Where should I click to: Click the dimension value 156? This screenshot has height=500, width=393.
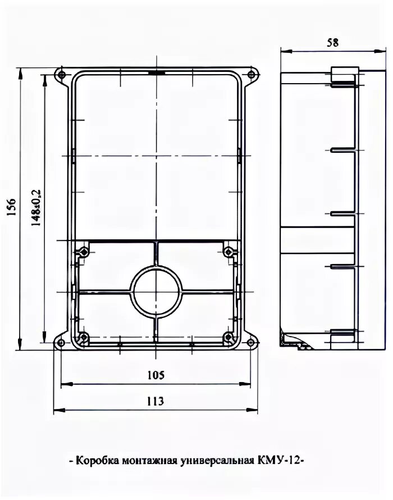[x=11, y=207]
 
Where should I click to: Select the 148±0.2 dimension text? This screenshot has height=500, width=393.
[x=36, y=208]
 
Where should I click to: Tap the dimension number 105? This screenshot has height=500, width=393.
[x=156, y=375]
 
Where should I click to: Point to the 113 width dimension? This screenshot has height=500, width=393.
[x=155, y=401]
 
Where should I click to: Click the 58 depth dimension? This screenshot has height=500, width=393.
[x=332, y=43]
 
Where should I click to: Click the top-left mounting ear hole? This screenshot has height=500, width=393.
[x=62, y=75]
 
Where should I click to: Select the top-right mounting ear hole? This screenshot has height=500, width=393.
[x=251, y=75]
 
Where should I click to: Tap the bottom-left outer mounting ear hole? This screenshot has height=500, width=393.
[x=61, y=343]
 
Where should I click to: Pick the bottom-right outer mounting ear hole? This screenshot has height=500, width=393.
[x=251, y=343]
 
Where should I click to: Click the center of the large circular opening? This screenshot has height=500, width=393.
[x=156, y=292]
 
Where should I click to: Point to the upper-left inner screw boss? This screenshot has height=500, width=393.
[x=84, y=252]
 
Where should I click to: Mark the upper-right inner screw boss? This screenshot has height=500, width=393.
[x=229, y=252]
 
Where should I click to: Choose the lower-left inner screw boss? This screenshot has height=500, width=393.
[x=84, y=337]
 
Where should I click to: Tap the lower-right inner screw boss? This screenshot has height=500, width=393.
[x=228, y=337]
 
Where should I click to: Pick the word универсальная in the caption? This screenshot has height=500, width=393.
[x=217, y=461]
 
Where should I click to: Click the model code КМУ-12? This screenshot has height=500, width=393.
[x=278, y=461]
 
